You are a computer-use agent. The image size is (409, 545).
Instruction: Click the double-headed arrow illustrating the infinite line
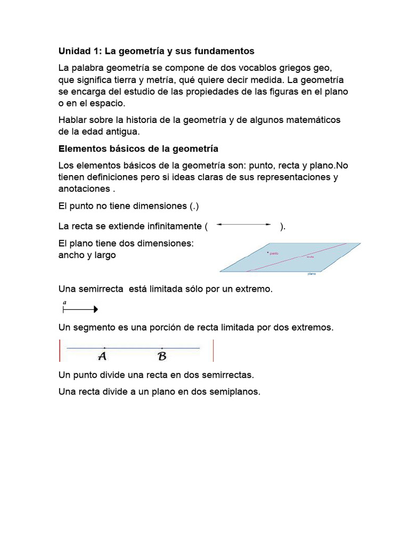tap(244, 225)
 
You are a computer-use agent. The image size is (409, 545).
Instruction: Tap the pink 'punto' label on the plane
tap(275, 253)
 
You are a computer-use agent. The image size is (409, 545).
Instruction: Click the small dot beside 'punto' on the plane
tap(268, 252)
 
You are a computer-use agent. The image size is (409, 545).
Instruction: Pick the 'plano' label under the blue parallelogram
tap(312, 274)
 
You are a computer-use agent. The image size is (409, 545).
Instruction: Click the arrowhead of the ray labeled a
tap(95, 309)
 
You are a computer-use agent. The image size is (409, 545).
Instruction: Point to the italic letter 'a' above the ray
tap(64, 302)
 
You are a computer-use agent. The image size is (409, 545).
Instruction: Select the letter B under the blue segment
tap(162, 356)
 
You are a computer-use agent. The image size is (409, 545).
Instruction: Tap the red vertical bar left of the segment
tap(60, 350)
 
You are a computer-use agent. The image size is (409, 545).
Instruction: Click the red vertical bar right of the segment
tap(213, 350)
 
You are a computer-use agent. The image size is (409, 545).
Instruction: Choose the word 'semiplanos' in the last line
tap(234, 392)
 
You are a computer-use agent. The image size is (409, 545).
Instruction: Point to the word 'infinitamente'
tap(171, 226)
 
